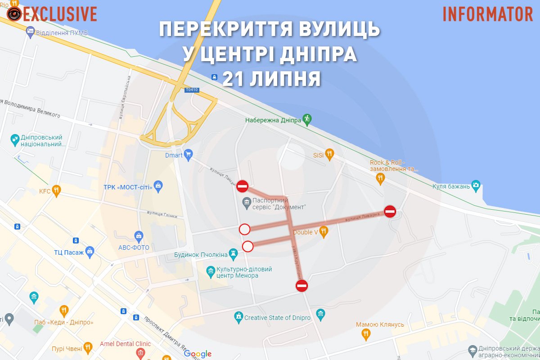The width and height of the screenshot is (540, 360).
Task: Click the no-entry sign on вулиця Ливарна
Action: click(x=390, y=211)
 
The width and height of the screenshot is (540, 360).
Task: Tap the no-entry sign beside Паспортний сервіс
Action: click(x=243, y=186)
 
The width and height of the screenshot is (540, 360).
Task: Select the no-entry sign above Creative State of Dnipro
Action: click(x=301, y=285)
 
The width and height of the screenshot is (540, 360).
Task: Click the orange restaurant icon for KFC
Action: click(x=56, y=191)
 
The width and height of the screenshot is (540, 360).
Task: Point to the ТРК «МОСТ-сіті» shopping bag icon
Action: click(x=158, y=185)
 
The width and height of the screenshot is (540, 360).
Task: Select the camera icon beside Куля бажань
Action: click(x=476, y=186)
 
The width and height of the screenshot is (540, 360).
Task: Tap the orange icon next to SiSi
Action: click(x=329, y=154)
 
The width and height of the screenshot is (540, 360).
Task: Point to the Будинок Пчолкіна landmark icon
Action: click(x=233, y=255)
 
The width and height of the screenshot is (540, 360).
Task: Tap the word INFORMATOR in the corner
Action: click(x=488, y=14)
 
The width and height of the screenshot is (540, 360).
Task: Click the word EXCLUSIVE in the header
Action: click(x=60, y=14)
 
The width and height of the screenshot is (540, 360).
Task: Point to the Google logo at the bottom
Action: click(x=198, y=354)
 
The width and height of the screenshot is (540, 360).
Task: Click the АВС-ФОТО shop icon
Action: click(x=139, y=235)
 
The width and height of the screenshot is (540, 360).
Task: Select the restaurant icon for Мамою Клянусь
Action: click(x=366, y=334)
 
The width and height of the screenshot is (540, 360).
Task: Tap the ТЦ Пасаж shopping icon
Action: click(x=90, y=251)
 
